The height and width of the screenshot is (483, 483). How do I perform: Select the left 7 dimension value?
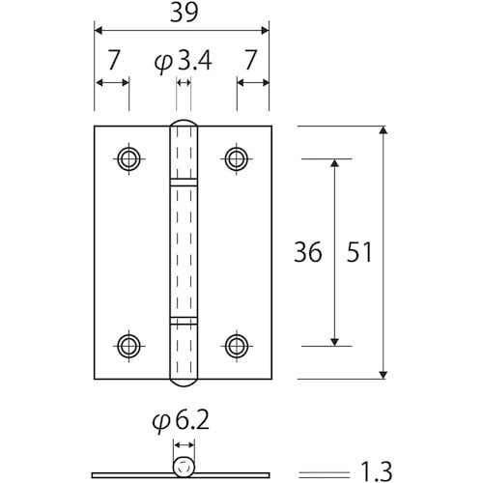(113, 62)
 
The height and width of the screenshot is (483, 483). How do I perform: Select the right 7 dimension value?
(252, 62)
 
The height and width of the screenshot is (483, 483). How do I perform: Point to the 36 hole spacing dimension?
(307, 253)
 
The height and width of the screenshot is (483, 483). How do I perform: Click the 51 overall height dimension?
(357, 253)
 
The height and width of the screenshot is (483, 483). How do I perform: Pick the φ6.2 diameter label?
(183, 423)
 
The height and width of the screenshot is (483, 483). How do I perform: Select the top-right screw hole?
(236, 157)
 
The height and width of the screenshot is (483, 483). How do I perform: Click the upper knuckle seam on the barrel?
(183, 181)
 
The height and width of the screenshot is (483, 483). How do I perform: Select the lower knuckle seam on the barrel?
(183, 319)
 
